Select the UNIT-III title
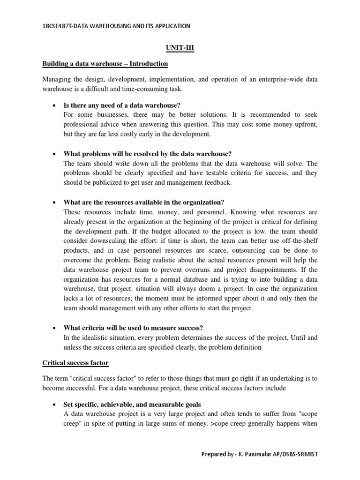pos(180,47)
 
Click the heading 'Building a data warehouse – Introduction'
pos(105,63)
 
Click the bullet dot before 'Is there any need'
pos(55,105)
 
